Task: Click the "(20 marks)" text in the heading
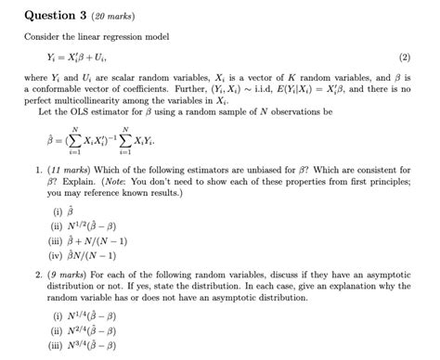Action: pos(126,15)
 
